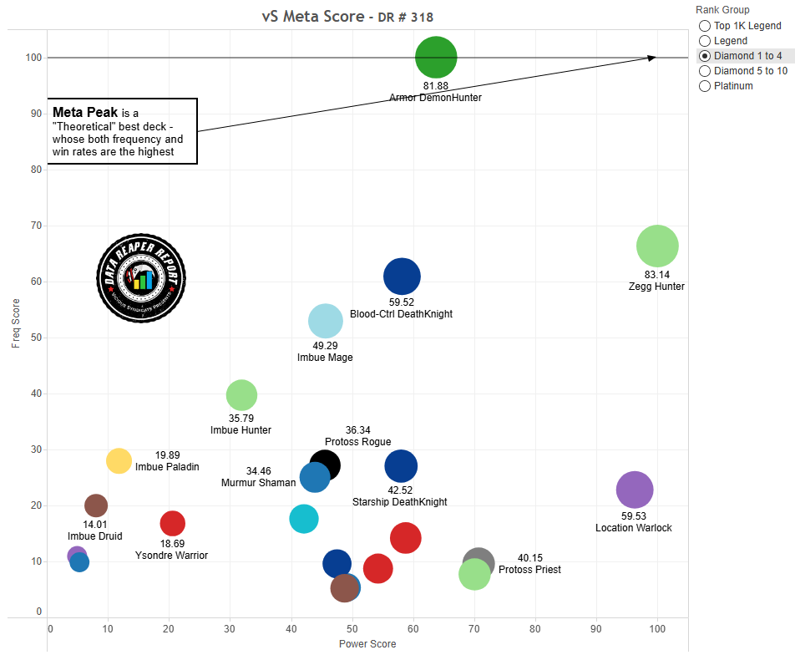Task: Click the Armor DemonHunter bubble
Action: tap(436, 58)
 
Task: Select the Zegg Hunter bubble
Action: tap(657, 246)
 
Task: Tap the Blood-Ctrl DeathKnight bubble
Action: tap(402, 276)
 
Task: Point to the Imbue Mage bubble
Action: tap(326, 321)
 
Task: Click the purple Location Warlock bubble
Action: tap(635, 490)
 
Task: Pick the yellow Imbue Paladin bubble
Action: tap(119, 460)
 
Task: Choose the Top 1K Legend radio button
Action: tap(705, 26)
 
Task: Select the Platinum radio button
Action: tap(705, 86)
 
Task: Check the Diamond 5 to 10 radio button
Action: tap(705, 71)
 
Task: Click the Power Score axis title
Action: tap(367, 644)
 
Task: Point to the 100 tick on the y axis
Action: tap(33, 58)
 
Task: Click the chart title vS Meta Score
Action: tap(312, 17)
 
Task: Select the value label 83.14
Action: tap(656, 274)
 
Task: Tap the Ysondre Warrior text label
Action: tap(171, 555)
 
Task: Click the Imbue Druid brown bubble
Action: tap(96, 505)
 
